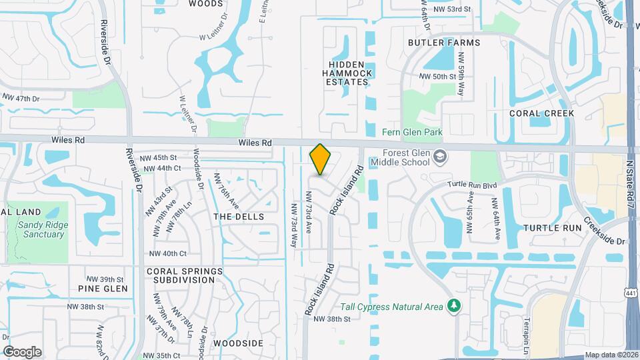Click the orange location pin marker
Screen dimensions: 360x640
(321, 159)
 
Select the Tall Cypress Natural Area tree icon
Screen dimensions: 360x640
(455, 306)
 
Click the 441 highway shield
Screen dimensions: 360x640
(630, 293)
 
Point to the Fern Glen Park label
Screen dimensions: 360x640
(412, 133)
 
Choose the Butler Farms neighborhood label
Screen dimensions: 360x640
(444, 43)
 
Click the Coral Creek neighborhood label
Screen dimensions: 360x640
(541, 113)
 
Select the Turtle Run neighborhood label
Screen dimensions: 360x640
(553, 227)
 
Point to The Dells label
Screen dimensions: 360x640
(239, 217)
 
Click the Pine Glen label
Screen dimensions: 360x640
(102, 289)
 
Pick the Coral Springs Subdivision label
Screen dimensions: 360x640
(185, 275)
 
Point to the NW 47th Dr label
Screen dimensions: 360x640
(21, 99)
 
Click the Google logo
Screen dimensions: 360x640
(22, 351)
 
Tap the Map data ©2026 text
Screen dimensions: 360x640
(611, 355)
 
